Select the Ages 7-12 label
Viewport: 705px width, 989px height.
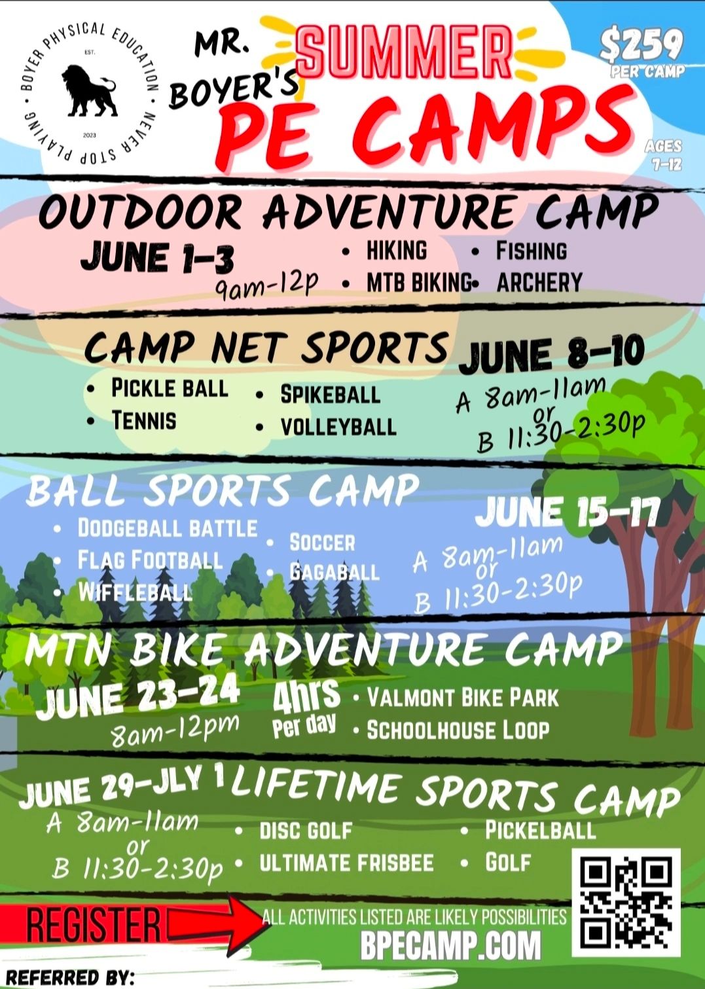pos(663,155)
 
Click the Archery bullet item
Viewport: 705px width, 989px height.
pos(539,282)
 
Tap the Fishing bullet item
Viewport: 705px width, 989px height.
pos(531,251)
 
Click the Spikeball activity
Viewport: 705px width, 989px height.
pos(330,394)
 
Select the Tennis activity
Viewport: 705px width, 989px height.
pos(144,420)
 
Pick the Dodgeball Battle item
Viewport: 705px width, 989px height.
pos(168,528)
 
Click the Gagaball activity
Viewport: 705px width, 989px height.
pos(334,573)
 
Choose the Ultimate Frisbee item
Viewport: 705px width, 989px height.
pos(346,862)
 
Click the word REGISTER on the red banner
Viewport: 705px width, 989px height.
pos(93,922)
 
